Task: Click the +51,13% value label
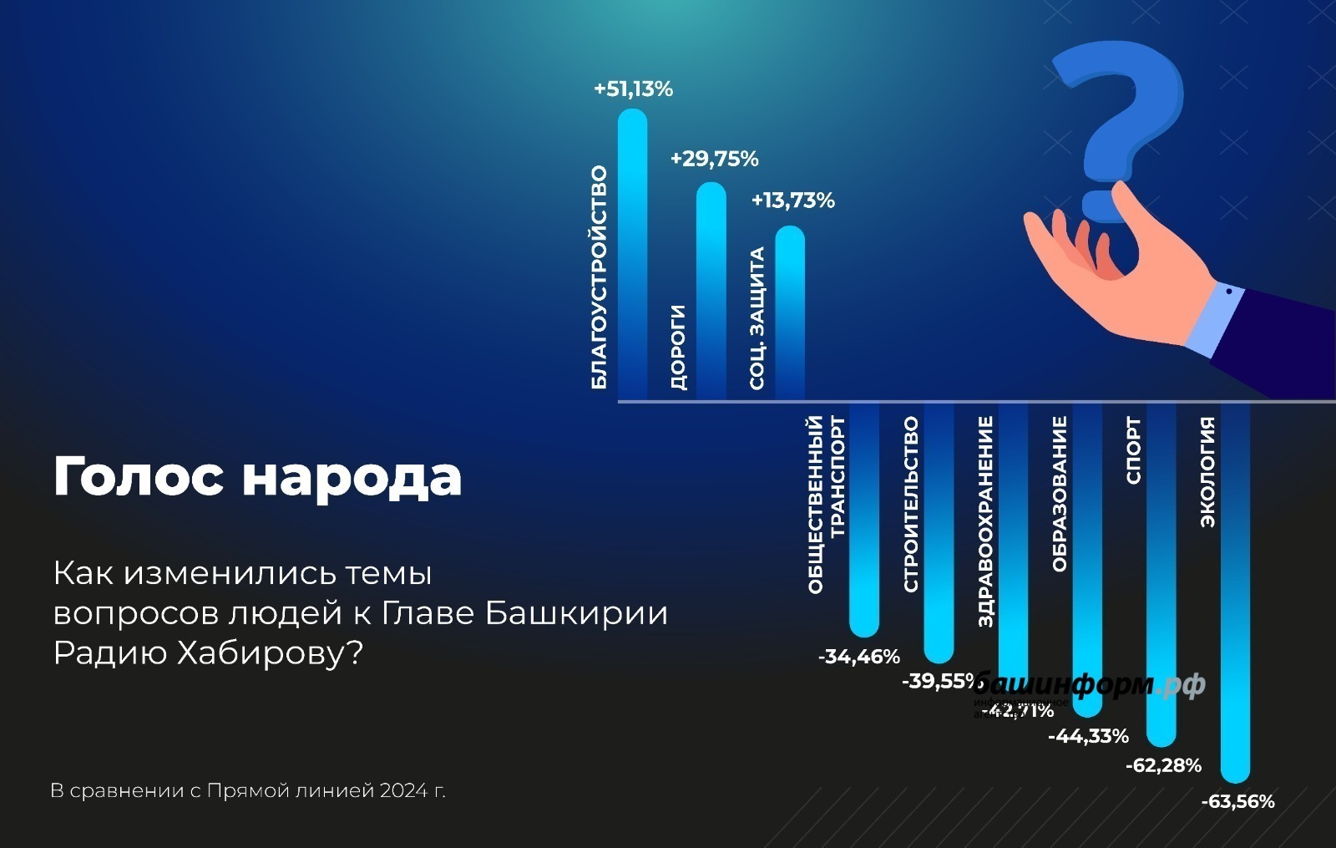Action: click(633, 89)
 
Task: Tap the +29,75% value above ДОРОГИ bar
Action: click(714, 159)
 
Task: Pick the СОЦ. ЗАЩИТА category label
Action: click(757, 317)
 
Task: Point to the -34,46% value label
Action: click(858, 657)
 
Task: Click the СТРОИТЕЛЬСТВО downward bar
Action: click(939, 535)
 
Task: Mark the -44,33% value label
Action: click(1088, 736)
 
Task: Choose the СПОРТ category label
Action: click(1133, 451)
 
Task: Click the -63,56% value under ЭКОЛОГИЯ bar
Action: click(1237, 802)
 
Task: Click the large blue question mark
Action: click(1119, 117)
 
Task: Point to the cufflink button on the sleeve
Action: click(1229, 292)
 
